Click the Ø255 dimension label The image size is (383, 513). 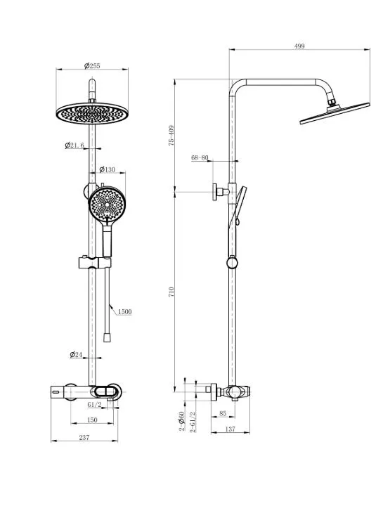pos(92,66)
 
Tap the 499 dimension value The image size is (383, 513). pos(299,46)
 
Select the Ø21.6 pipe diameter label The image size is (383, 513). pos(74,145)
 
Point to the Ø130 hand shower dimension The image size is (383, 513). pos(108,169)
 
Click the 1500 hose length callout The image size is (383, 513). pos(124,311)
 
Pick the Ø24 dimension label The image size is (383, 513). pos(76,354)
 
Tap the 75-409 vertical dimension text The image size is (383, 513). pos(171,135)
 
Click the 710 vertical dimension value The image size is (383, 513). pos(171,292)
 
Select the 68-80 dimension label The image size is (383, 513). pos(200,157)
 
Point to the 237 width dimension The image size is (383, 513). pos(84,437)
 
